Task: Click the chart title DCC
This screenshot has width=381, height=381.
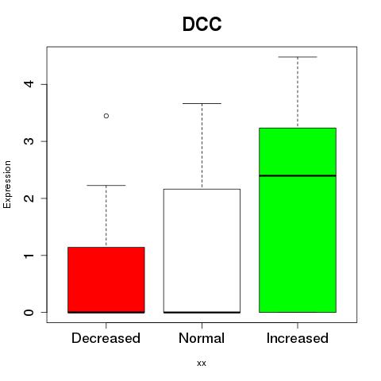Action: (x=202, y=24)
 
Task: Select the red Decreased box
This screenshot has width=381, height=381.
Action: (x=106, y=280)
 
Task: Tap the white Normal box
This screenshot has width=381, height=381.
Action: (x=202, y=251)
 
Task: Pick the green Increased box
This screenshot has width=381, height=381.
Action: (x=298, y=220)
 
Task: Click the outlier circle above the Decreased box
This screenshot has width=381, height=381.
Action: (x=106, y=116)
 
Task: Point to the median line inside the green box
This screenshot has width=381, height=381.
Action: (x=298, y=175)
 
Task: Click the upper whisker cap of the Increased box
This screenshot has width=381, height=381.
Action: (x=298, y=57)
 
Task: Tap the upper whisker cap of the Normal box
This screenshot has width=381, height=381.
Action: (x=202, y=103)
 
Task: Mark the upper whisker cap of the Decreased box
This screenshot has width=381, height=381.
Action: (x=106, y=185)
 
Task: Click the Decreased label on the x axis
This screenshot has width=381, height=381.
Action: (x=106, y=338)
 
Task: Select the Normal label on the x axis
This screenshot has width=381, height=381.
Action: (x=202, y=338)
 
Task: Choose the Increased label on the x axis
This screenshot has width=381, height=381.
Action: (x=298, y=338)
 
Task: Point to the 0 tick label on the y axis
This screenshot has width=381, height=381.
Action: (x=29, y=312)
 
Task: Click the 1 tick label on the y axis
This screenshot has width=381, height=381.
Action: (x=29, y=256)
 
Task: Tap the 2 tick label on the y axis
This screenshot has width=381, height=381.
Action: (x=29, y=198)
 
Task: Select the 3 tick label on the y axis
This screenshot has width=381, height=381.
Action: (x=29, y=141)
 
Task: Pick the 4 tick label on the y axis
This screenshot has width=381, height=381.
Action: (x=29, y=84)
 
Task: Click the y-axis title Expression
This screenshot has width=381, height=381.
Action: (x=7, y=184)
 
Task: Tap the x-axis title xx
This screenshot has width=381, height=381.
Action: (x=202, y=364)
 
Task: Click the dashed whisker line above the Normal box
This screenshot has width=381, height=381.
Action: (x=202, y=146)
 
